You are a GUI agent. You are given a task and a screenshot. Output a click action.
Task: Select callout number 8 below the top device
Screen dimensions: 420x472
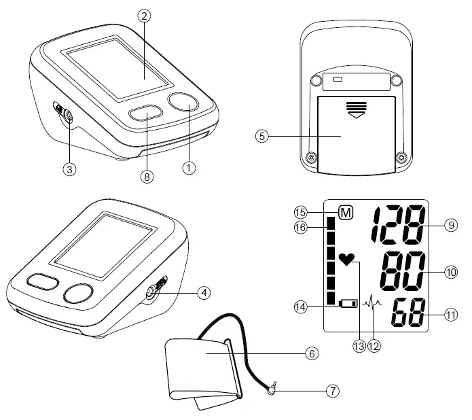point(146,176)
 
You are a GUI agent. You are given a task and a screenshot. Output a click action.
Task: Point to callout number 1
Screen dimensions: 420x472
point(191,165)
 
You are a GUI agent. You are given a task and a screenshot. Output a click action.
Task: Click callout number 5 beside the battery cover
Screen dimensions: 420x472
point(263,135)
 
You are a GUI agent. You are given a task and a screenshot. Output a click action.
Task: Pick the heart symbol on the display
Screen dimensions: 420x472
point(348,259)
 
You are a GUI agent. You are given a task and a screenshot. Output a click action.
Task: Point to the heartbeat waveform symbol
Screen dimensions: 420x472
point(373,304)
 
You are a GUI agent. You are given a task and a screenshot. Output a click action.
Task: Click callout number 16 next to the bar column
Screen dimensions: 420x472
point(302,229)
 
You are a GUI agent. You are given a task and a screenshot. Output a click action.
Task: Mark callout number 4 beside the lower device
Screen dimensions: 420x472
point(203,294)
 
